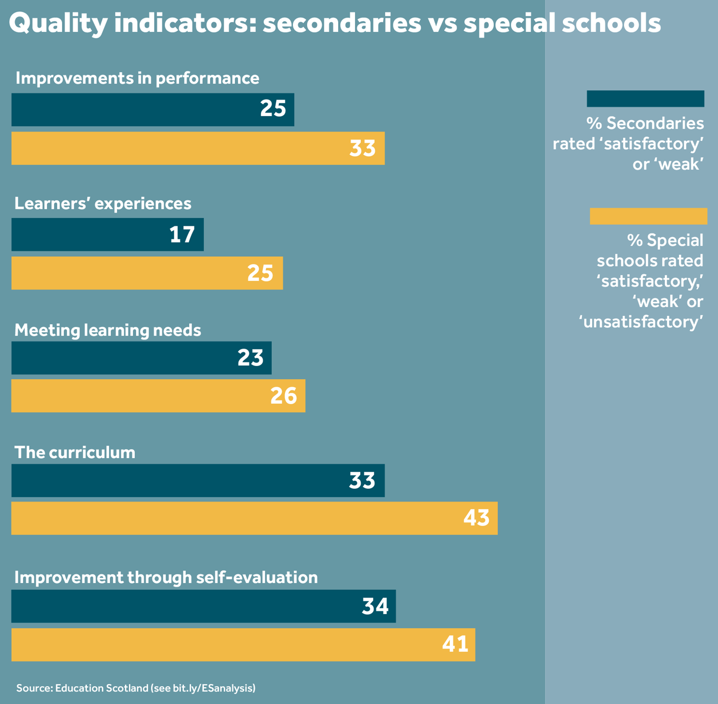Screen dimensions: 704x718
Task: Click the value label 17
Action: pyautogui.click(x=182, y=234)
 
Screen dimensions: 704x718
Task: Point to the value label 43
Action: pyautogui.click(x=476, y=518)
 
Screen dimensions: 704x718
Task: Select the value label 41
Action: pyautogui.click(x=455, y=644)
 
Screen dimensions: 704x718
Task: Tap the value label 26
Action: pyautogui.click(x=283, y=396)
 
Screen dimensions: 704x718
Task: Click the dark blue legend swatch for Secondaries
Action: pyautogui.click(x=645, y=99)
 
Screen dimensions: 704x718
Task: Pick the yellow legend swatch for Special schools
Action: pyautogui.click(x=648, y=216)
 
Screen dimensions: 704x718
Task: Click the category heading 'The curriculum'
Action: pyautogui.click(x=75, y=452)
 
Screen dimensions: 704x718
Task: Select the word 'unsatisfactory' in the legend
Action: pyautogui.click(x=642, y=322)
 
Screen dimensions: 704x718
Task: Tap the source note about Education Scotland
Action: pyautogui.click(x=136, y=688)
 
